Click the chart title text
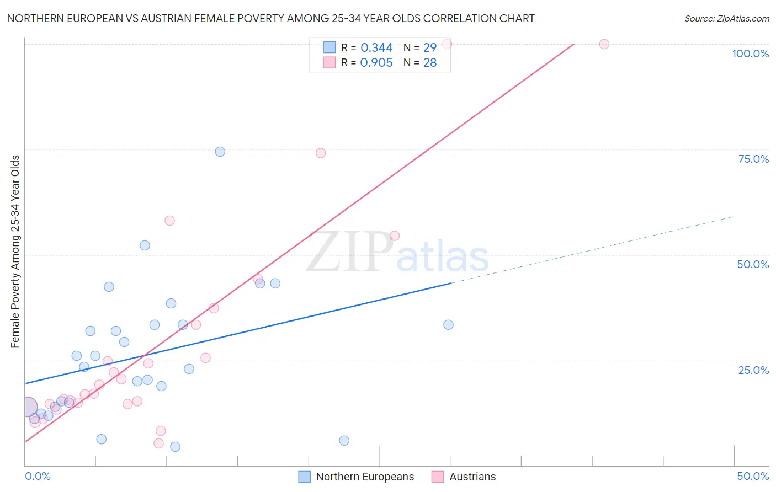pos(270,18)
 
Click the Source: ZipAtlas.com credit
pos(726,18)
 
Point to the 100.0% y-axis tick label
pos(750,54)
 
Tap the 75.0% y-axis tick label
pos(753,159)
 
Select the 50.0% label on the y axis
pos(753,264)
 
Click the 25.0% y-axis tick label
pos(753,370)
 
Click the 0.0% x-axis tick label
pos(38,476)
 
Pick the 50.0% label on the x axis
pos(753,476)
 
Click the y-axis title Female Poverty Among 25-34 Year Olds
pos(15,252)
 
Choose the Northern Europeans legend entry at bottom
pos(364,477)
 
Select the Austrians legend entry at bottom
pos(472,477)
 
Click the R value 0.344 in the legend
pos(376,48)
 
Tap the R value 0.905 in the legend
pos(376,63)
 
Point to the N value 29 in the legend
pos(430,48)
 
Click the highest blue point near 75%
pos(220,152)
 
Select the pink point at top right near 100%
pos(604,44)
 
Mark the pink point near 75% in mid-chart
pos(321,153)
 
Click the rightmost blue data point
pos(448,325)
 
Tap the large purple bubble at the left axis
pos(27,407)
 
